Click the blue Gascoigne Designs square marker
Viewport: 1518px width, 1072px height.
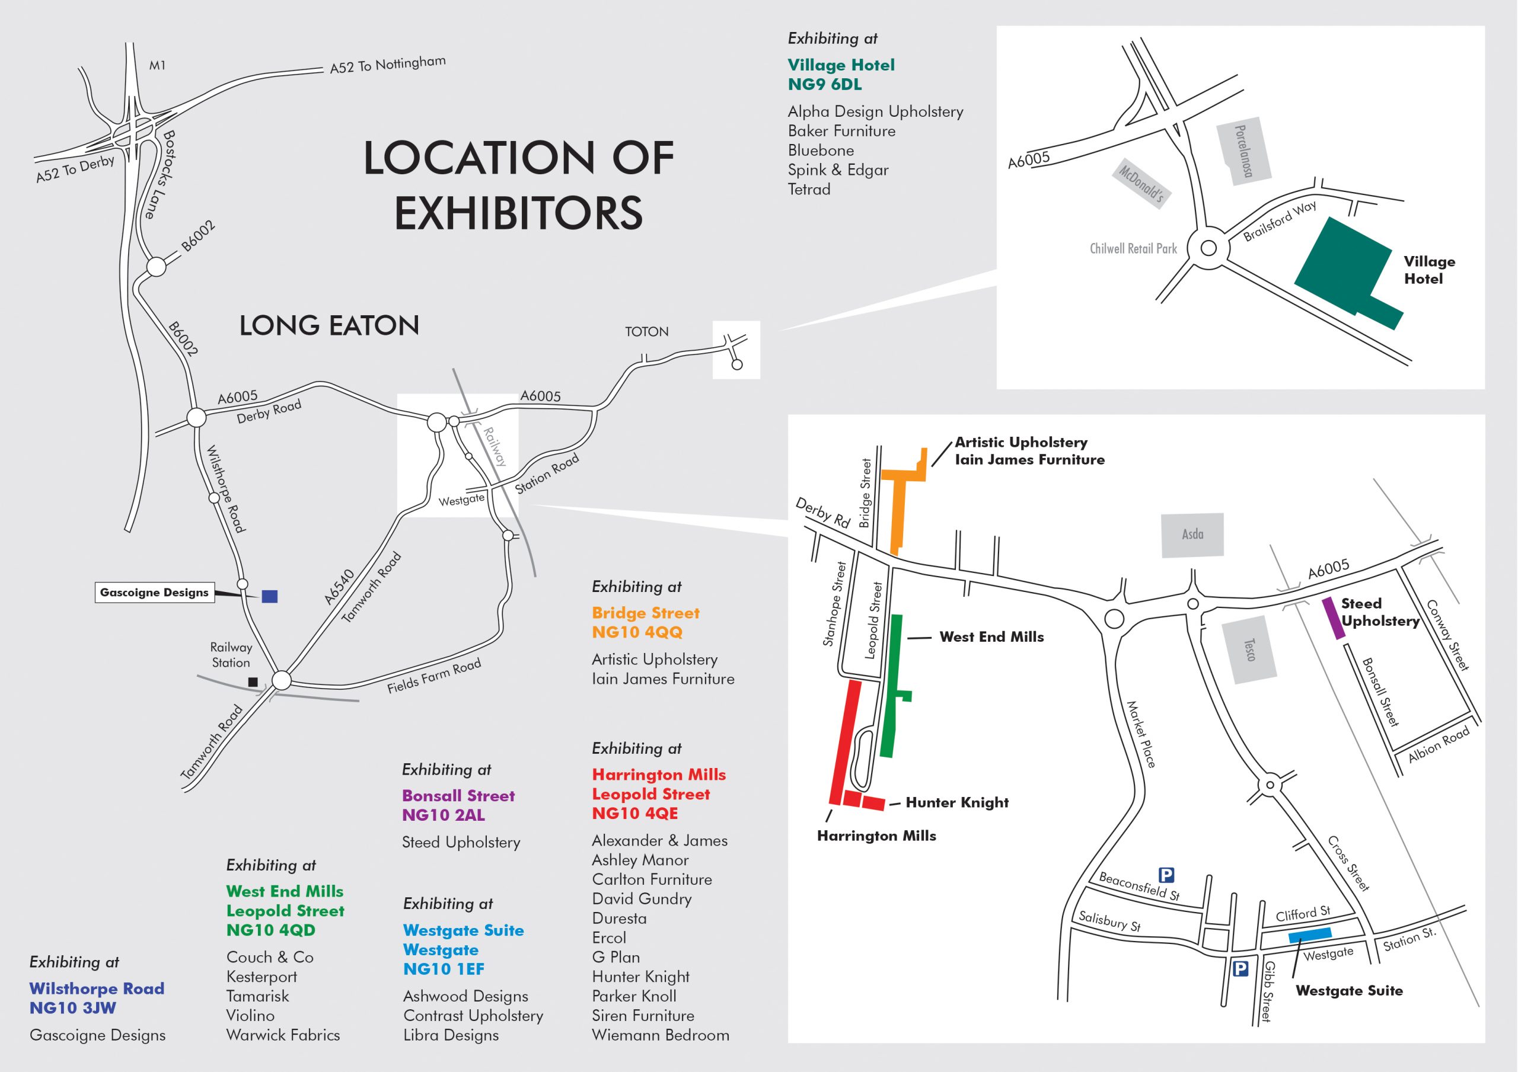tap(269, 596)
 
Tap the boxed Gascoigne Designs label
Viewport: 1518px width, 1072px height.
tap(154, 592)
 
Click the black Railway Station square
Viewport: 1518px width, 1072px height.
tap(253, 681)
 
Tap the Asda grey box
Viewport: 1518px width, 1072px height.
tap(1192, 534)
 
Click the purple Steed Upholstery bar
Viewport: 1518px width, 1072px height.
tap(1334, 618)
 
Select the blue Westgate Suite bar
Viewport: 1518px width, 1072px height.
tap(1310, 935)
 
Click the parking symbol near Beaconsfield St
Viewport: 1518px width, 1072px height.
tap(1166, 875)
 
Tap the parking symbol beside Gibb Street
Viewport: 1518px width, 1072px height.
tap(1240, 969)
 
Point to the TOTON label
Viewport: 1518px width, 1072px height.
tap(646, 332)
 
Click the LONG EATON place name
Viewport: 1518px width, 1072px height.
tap(329, 326)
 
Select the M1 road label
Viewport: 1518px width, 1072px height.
tap(157, 65)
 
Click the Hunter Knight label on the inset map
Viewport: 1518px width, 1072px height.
tap(956, 802)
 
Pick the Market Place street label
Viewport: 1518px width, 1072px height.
tap(1141, 735)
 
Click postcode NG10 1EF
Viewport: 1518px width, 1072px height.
tap(444, 969)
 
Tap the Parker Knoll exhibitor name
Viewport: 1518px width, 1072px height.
tap(633, 996)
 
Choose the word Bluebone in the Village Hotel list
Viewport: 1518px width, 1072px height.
tap(821, 151)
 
